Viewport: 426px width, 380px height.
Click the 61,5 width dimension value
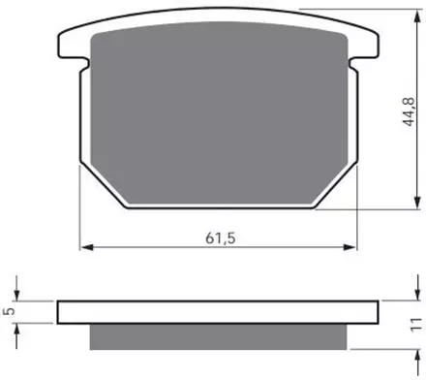(x=221, y=238)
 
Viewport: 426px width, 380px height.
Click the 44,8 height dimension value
(x=410, y=111)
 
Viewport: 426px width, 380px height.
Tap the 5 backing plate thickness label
(x=10, y=311)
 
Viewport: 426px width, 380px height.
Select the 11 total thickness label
(x=416, y=325)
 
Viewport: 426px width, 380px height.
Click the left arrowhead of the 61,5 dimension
(x=87, y=247)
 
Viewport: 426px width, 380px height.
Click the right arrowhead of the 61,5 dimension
(x=350, y=247)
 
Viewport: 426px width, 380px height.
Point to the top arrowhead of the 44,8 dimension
(x=417, y=16)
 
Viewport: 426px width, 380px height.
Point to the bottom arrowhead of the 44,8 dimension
(x=417, y=202)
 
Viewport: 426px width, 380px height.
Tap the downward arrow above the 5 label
(x=16, y=288)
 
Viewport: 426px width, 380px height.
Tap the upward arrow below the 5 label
(x=16, y=336)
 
